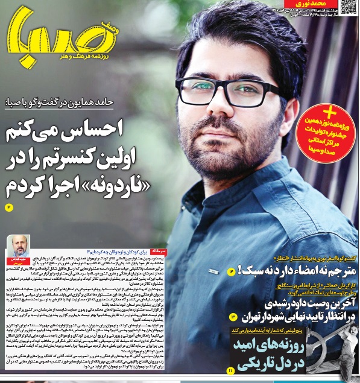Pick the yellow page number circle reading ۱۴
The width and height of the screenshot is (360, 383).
[230, 272]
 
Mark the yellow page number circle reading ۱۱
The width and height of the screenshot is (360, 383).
[230, 369]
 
